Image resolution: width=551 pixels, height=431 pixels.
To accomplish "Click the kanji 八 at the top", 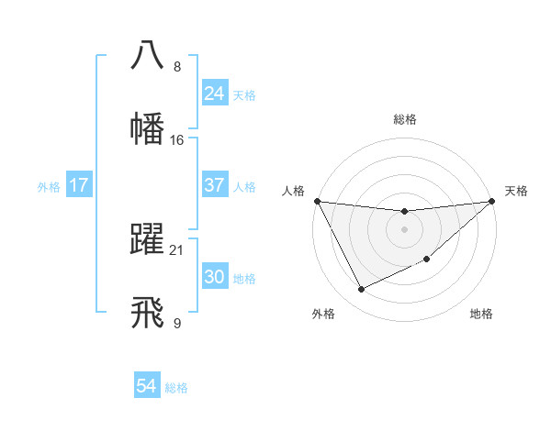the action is [148, 55].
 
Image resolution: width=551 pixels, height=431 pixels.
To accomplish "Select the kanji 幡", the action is [148, 127].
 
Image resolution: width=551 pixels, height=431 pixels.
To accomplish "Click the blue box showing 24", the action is [214, 94].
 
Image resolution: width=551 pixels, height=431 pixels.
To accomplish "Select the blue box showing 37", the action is [214, 185].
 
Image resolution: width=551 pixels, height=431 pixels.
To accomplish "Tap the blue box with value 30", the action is [214, 277].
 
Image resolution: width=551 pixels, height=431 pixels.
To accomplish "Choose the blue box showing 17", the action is [78, 185].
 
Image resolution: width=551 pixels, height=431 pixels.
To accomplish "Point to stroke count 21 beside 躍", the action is [177, 250].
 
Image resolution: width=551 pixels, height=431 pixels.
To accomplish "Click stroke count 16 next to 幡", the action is [177, 140].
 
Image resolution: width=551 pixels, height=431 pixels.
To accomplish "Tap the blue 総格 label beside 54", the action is [176, 388].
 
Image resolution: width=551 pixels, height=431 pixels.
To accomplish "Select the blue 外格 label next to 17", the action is [49, 186].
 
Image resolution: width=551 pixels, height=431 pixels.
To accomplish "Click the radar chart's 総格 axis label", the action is [405, 119].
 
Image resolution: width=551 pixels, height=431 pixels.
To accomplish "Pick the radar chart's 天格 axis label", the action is [516, 191].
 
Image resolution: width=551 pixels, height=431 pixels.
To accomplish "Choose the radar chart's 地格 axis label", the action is [481, 314].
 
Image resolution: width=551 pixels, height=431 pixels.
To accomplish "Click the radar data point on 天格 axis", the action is [492, 201].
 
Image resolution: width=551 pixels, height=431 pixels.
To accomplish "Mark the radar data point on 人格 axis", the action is [317, 201].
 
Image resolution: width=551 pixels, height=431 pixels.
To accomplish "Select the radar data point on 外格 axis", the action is [361, 290].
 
